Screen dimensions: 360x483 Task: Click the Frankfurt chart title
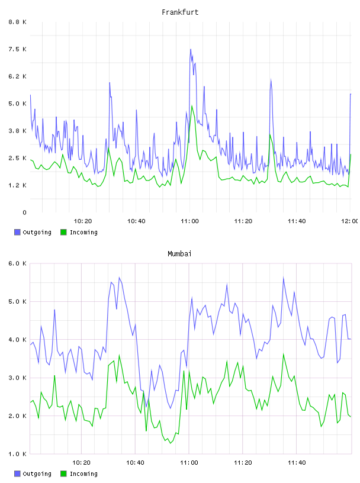[x=180, y=12]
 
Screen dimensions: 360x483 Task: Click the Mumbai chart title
[x=179, y=254]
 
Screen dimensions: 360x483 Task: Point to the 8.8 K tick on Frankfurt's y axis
[x=18, y=22]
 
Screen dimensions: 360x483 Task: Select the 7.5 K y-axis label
[x=18, y=49]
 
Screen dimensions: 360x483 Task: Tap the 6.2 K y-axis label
[x=18, y=76]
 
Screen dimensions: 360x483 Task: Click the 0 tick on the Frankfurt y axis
[x=24, y=212]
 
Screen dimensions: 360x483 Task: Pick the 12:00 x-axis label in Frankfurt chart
[x=349, y=221]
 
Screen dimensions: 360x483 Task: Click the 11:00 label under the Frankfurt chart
[x=189, y=221]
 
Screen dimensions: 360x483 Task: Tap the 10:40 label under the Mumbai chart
[x=135, y=462]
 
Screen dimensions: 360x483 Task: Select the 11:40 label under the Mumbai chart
[x=297, y=462]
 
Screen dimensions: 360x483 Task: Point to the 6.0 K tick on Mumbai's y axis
[x=18, y=263]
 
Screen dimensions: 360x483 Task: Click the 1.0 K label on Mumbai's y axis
[x=18, y=454]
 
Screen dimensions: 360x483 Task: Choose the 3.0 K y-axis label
[x=18, y=378]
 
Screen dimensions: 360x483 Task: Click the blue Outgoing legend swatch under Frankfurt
[x=17, y=232]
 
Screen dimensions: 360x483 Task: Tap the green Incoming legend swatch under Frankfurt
[x=63, y=232]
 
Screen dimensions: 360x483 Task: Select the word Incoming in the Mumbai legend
[x=83, y=474]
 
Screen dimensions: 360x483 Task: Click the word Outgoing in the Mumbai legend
[x=37, y=474]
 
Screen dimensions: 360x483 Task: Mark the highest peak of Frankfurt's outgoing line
[x=191, y=49]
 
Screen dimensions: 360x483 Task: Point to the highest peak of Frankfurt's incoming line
[x=192, y=105]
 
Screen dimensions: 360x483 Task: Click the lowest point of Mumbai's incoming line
[x=171, y=443]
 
